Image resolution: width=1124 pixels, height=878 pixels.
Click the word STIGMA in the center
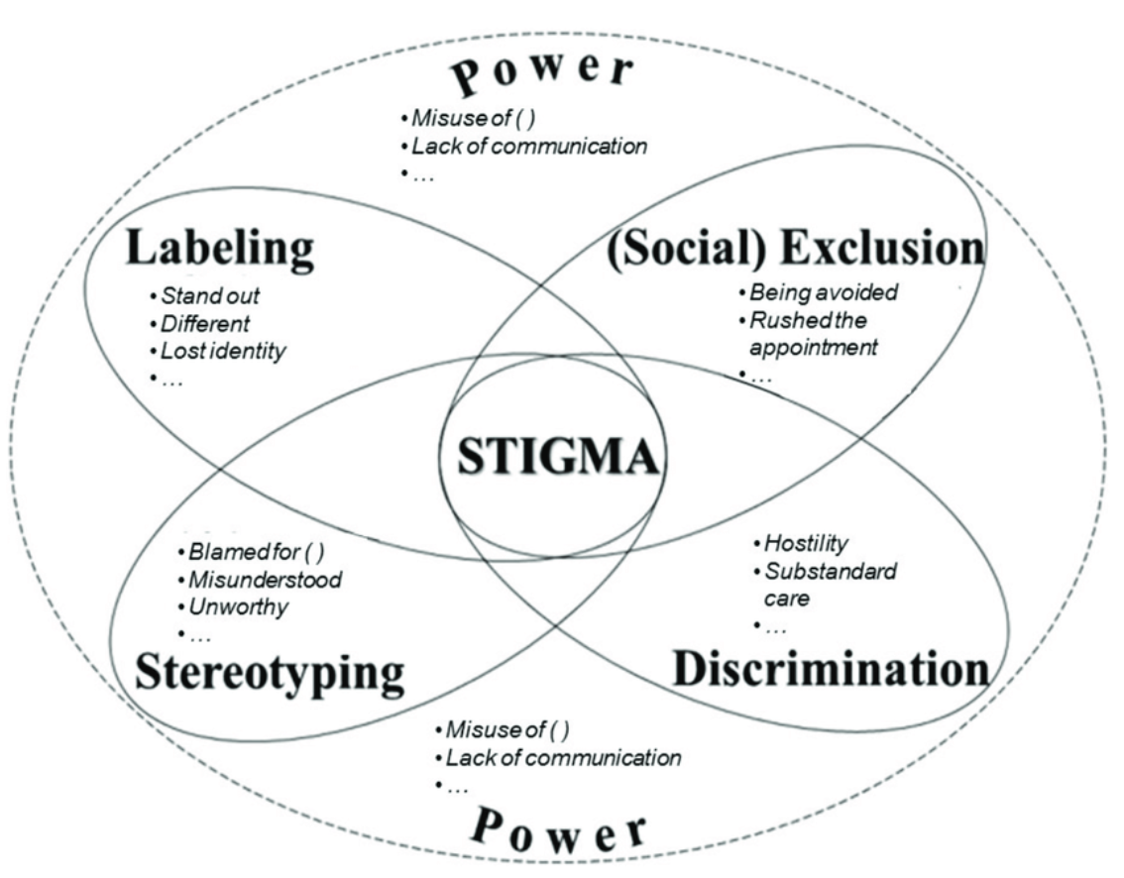coord(548,459)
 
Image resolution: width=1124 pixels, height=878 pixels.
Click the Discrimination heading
coord(831,669)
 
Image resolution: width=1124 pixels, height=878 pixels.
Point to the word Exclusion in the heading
coord(882,248)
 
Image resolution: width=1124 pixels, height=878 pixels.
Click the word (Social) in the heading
coord(687,248)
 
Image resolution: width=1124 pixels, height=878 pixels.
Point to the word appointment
coord(814,348)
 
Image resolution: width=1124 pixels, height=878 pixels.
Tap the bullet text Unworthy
coord(239,606)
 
